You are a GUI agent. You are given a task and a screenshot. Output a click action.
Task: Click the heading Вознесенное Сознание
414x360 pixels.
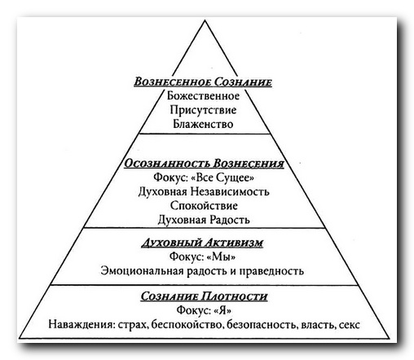[203, 82]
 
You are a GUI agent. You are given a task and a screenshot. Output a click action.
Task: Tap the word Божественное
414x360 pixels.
[203, 96]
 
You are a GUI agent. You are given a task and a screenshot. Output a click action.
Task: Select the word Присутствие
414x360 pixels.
[203, 111]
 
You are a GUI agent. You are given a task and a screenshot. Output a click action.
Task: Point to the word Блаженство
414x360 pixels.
[203, 124]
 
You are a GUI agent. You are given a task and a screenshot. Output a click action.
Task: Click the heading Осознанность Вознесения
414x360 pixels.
[204, 164]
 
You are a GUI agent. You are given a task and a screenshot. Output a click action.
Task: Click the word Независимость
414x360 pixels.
[230, 191]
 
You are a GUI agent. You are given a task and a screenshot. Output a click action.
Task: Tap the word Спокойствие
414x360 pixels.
[204, 206]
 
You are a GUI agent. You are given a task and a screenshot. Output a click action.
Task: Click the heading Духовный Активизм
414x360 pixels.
[202, 243]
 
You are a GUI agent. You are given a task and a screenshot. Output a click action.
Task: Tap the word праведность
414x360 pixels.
[271, 271]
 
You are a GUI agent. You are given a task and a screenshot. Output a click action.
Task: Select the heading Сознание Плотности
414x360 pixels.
[204, 296]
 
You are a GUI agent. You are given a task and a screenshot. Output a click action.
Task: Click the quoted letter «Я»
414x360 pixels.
[222, 310]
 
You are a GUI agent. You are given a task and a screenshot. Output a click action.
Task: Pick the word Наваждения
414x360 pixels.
[81, 324]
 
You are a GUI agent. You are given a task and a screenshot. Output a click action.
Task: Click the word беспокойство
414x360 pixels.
[187, 324]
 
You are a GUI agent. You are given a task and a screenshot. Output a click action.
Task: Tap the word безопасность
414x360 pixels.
[262, 324]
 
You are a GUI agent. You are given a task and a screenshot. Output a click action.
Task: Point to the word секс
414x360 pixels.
[349, 325]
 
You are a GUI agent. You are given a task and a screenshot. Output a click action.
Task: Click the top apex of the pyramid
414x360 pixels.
[205, 20]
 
